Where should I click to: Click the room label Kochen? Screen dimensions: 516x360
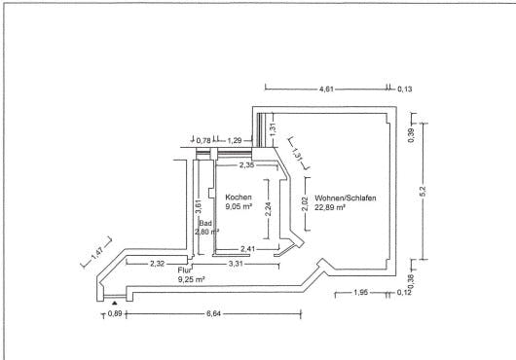239,198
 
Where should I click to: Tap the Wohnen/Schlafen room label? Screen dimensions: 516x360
346,198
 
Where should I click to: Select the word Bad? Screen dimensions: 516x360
205,223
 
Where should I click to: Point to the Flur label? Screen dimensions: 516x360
185,270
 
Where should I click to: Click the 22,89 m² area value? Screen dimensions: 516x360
330,207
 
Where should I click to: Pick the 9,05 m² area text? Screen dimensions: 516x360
239,207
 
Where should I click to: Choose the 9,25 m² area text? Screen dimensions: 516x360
191,280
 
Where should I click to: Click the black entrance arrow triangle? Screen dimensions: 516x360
114,303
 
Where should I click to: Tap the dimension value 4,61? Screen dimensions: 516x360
326,89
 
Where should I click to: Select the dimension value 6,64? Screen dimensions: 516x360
213,314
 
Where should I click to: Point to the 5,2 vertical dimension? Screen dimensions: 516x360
423,191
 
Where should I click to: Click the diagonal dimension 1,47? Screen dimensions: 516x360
97,252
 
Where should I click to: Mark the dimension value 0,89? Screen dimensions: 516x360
115,313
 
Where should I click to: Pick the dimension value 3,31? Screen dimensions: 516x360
236,264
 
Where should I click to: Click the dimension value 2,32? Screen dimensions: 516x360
158,264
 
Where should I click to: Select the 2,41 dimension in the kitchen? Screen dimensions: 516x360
247,249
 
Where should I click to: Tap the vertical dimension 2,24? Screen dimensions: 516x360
269,209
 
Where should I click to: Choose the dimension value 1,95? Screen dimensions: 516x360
360,292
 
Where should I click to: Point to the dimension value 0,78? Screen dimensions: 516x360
203,141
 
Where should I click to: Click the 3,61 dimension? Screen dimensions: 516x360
198,206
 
